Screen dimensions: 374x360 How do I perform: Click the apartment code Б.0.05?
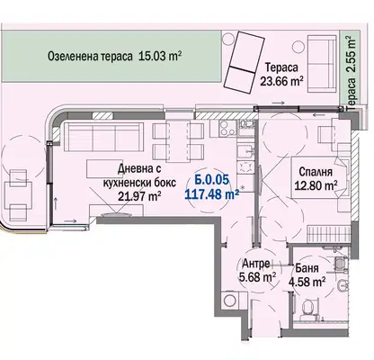tap(212, 180)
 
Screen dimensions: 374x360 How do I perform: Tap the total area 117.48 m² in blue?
tap(212, 194)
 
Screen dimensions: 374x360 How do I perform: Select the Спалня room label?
tap(316, 172)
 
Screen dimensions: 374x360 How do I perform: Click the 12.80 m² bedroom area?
tap(316, 185)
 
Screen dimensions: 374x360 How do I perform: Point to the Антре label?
tap(255, 264)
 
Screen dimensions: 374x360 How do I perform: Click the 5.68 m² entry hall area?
tap(257, 277)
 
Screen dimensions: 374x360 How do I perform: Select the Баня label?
tap(307, 268)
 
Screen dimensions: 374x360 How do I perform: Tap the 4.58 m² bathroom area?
tap(307, 282)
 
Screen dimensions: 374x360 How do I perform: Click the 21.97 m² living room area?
tap(139, 196)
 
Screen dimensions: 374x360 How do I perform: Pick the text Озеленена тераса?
tap(90, 57)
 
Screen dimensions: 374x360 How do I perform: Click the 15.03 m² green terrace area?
tap(160, 56)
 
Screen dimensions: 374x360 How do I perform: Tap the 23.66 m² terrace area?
tap(281, 81)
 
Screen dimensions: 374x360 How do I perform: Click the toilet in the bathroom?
tap(307, 308)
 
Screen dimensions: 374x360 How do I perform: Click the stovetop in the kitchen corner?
tap(227, 128)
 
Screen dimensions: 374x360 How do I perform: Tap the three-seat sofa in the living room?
tap(102, 137)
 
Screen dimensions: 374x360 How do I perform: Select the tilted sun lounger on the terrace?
tap(244, 62)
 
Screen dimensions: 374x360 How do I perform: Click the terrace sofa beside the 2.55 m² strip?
tap(322, 64)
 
